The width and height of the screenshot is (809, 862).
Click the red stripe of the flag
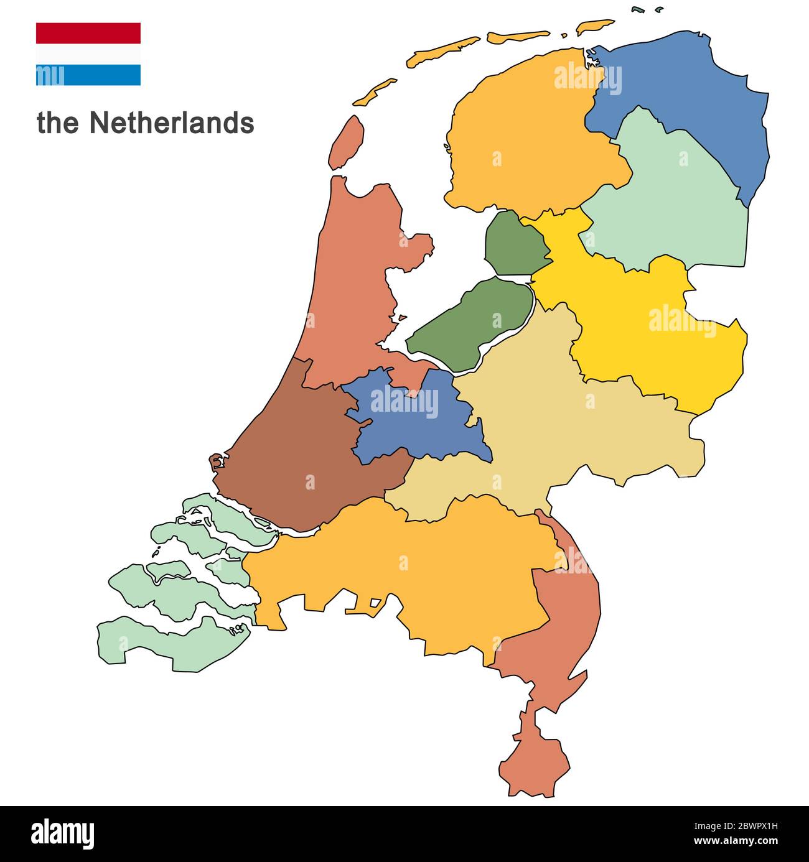(x=88, y=33)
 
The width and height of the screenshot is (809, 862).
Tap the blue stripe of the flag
(x=88, y=75)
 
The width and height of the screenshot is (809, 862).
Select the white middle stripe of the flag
(x=88, y=54)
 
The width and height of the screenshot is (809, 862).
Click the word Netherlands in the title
(x=171, y=123)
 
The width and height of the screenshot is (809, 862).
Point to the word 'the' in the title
(x=58, y=123)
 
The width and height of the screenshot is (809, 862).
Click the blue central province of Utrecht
(x=411, y=423)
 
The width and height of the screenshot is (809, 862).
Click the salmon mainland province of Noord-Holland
(x=355, y=280)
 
